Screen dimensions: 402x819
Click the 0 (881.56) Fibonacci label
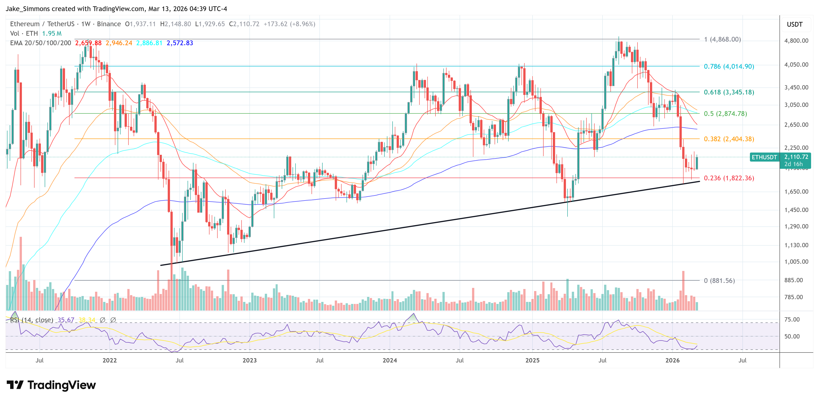click(x=719, y=280)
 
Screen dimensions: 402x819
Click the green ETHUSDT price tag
click(x=764, y=157)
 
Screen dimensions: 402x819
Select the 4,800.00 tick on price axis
click(x=796, y=41)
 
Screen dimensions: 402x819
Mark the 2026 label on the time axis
click(x=672, y=360)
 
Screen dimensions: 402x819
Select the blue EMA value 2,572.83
click(x=180, y=43)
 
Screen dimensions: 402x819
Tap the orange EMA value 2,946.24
click(x=119, y=43)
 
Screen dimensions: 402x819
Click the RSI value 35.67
click(x=66, y=320)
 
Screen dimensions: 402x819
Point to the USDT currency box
click(x=795, y=24)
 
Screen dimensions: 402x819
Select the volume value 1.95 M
click(x=52, y=33)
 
